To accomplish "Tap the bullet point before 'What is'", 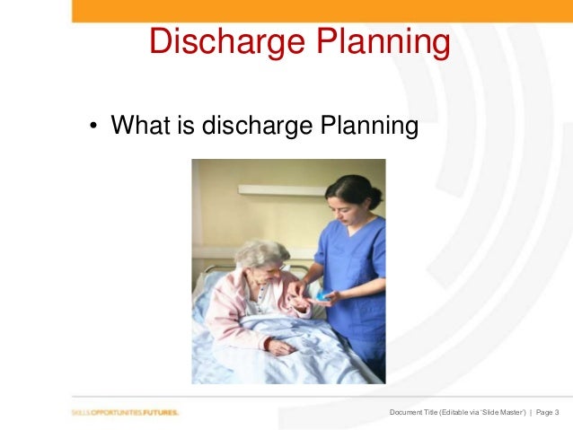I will click(93, 127).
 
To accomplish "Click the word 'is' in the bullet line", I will click(186, 126).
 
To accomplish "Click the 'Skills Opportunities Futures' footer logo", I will click(125, 412).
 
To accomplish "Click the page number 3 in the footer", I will click(557, 412).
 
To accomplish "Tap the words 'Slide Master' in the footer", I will click(498, 412).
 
